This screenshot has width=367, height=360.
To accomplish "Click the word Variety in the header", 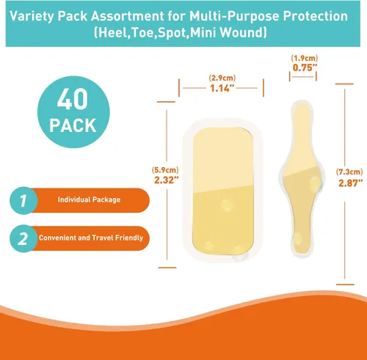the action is [32, 16].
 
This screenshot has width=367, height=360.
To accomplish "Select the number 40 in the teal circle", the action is [73, 99].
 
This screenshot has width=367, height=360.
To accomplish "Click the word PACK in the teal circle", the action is [73, 125].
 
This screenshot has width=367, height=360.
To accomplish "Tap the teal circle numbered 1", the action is [23, 201].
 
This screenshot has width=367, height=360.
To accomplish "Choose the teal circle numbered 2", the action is [23, 238].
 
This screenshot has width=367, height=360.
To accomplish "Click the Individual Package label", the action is [89, 199].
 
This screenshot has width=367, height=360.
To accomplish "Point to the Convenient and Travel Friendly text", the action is [91, 238].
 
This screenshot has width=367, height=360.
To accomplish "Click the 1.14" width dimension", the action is [222, 88].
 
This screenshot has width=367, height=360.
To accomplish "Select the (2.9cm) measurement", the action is [222, 78].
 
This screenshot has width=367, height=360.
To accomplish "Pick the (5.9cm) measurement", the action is [165, 170].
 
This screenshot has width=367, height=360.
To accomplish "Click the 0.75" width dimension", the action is [305, 67].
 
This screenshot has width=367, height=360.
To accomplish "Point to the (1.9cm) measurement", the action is [305, 58].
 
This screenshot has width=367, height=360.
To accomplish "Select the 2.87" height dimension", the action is [351, 183].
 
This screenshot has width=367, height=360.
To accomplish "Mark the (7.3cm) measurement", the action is [349, 172].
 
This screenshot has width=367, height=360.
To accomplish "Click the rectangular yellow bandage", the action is [222, 191].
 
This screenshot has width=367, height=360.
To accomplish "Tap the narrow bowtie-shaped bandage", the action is [302, 179].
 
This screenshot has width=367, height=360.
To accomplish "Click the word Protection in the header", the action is [316, 16].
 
